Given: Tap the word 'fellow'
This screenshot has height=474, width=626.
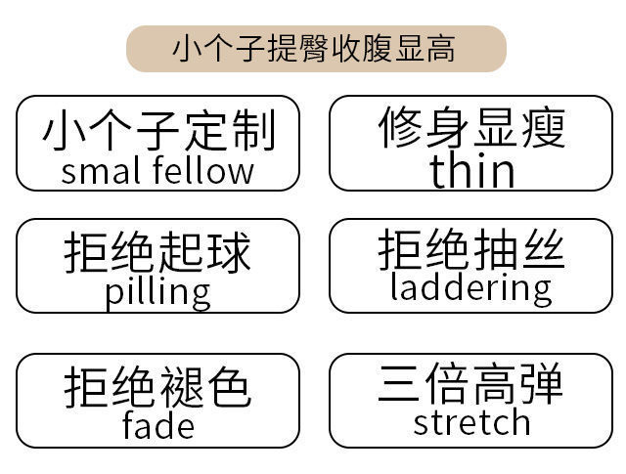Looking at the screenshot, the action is pos(203,171).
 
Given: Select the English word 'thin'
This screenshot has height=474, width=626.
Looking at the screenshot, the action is pos(471,170).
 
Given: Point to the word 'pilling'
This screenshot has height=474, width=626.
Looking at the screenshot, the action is pos(157,292).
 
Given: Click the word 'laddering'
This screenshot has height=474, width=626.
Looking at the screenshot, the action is pos(470,287).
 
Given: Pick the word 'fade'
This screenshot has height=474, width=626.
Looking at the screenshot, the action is pos(157,425).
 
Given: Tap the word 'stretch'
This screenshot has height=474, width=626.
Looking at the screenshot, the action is pos(471,422).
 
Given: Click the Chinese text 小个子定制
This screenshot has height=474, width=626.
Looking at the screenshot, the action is pos(157,131).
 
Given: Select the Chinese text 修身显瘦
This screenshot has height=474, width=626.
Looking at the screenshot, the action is pos(471,128).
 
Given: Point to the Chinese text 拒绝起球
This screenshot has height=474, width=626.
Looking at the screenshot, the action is pos(157,252).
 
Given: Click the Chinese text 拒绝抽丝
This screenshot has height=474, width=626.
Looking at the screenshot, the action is pos(471,250).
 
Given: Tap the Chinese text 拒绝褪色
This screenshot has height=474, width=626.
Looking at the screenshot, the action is pos(157,387).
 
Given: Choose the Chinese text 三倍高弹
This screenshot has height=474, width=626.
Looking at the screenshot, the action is pos(471,385).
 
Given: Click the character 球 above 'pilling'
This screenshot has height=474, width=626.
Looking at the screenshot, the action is pos(229,252).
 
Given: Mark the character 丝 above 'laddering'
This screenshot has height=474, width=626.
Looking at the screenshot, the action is pos(542,250).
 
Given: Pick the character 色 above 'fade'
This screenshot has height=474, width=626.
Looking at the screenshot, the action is pos(229,387).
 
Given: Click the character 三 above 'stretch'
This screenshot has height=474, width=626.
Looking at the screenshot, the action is pos(401,385).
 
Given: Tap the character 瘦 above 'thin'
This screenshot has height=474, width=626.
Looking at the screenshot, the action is pos(542,128).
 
